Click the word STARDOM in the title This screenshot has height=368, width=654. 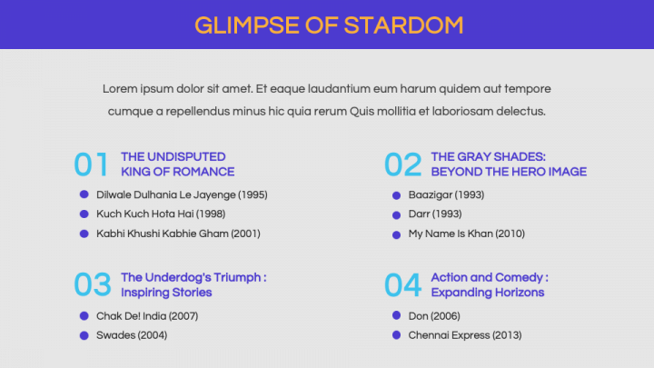(403, 25)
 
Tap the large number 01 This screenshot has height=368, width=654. (92, 164)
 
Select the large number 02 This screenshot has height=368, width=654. (403, 164)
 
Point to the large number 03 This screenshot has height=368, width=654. (93, 284)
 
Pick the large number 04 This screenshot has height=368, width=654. (403, 285)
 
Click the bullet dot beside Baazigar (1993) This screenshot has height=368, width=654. (396, 195)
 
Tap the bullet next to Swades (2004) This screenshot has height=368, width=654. (84, 335)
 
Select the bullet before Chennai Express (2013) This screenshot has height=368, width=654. (396, 335)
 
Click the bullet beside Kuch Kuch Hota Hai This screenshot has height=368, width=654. (84, 214)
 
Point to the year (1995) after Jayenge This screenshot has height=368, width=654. (253, 194)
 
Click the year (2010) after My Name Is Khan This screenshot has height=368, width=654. (510, 234)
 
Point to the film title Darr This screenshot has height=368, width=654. (419, 214)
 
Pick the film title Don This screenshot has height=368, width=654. (419, 316)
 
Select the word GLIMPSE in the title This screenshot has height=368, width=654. (247, 25)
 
